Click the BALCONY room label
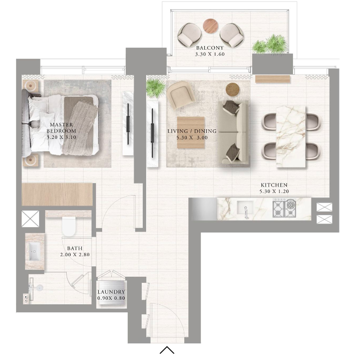click(210, 48)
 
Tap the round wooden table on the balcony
click(210, 26)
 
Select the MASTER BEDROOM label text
click(62, 128)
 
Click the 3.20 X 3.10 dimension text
click(62, 137)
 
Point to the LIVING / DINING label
click(192, 131)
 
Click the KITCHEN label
click(274, 185)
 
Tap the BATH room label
click(75, 248)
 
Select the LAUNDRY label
click(111, 292)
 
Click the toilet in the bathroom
click(69, 226)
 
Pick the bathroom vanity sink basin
click(35, 251)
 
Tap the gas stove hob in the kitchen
click(284, 209)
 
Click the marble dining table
click(291, 137)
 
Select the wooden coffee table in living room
click(191, 132)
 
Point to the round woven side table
click(232, 89)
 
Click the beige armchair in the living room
click(181, 94)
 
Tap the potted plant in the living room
click(155, 88)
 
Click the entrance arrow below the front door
click(167, 350)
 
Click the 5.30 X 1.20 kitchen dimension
click(274, 192)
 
